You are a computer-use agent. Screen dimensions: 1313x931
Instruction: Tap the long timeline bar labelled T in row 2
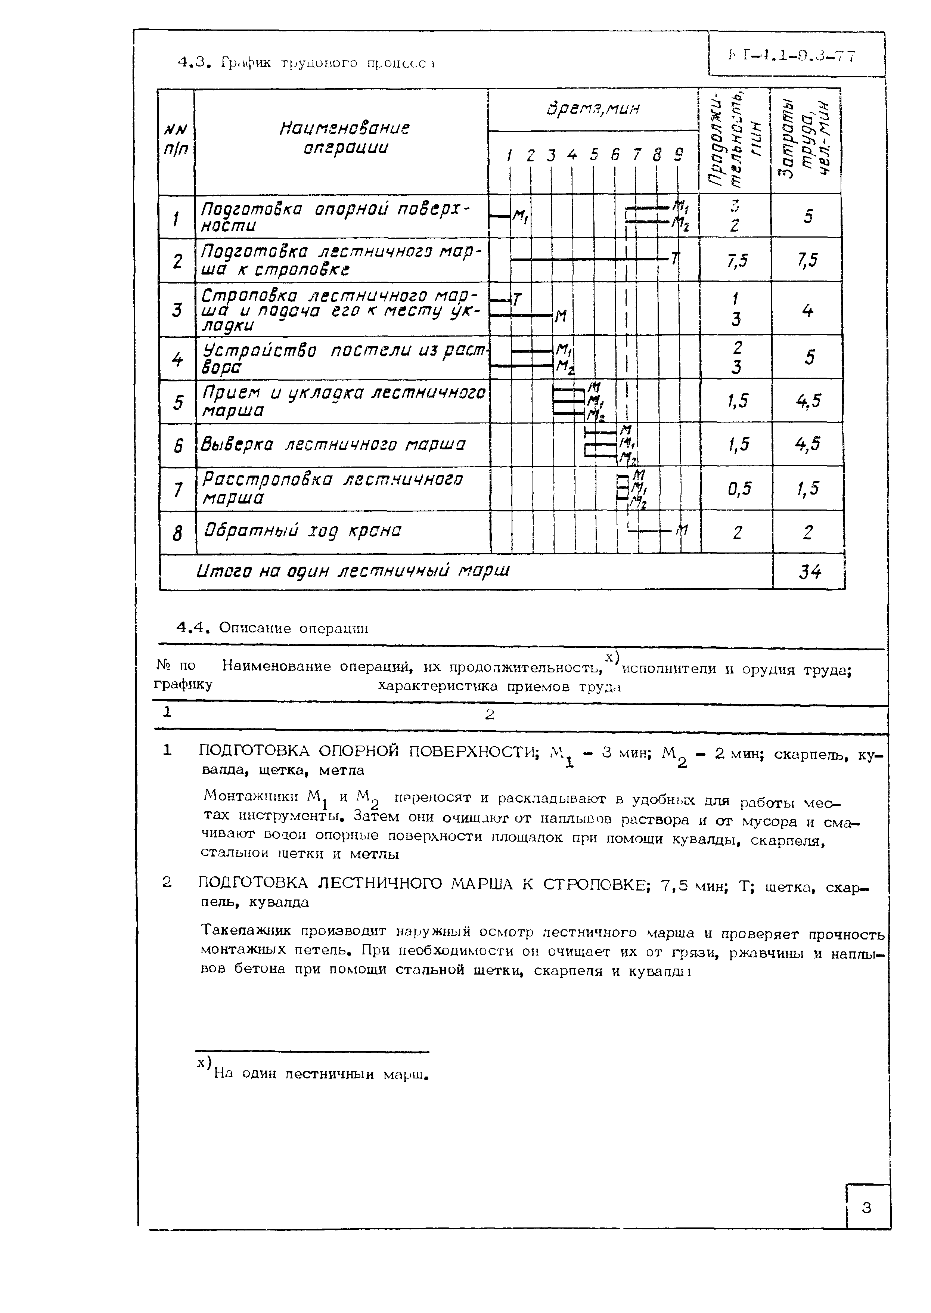click(x=590, y=260)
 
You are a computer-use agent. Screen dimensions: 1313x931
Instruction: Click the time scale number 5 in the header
click(x=593, y=155)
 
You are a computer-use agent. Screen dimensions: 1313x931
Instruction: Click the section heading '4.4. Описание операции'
click(x=272, y=628)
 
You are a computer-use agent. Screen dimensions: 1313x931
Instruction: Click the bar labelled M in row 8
click(x=651, y=531)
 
